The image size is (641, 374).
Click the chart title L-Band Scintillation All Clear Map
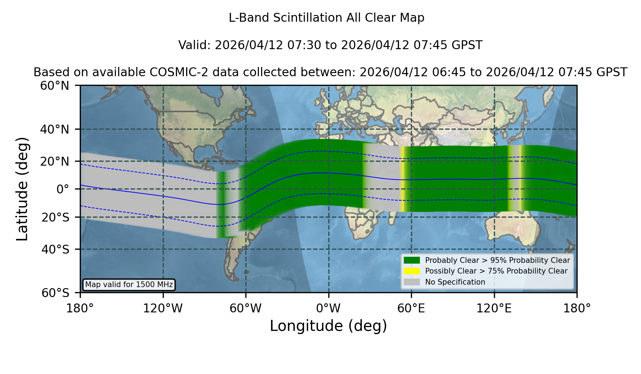tap(327, 18)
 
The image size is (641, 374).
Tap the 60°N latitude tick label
tap(55, 86)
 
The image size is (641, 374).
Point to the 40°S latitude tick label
tap(55, 249)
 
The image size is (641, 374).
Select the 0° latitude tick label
tap(63, 189)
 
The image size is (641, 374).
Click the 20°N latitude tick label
tap(55, 161)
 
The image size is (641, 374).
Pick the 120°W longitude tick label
tap(163, 308)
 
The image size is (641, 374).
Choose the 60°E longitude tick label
tap(411, 308)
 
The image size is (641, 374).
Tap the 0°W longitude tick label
tap(328, 308)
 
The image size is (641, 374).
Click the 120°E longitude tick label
tap(494, 308)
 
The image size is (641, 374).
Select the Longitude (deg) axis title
tap(328, 326)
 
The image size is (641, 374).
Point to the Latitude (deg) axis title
tap(22, 189)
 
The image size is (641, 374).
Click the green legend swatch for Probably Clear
tap(412, 260)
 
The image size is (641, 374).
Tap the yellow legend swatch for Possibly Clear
tap(412, 271)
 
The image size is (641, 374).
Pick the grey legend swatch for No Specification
tap(412, 282)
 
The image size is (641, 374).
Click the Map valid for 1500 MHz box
tap(129, 285)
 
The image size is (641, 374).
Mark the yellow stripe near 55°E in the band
tap(402, 179)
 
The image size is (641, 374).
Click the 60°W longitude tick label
tap(246, 308)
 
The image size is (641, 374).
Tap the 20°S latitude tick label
tap(55, 217)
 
